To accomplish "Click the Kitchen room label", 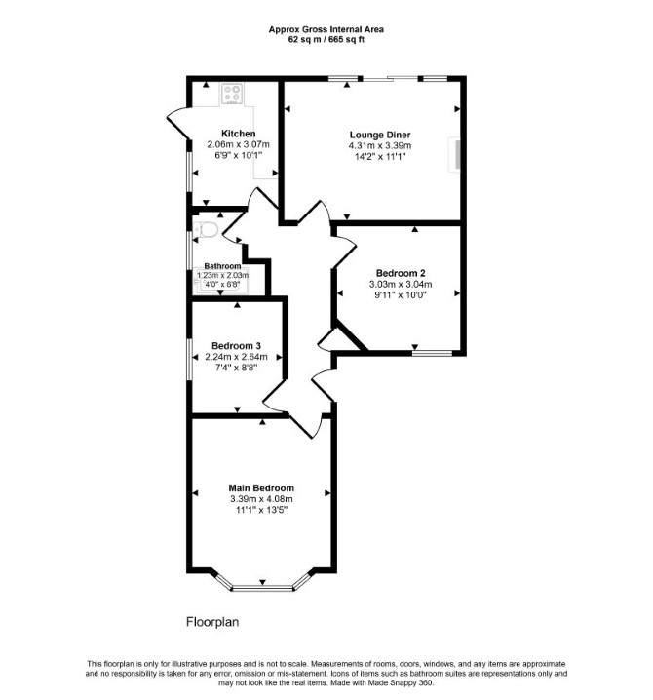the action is [x=239, y=134].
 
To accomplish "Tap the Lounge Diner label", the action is [x=380, y=135].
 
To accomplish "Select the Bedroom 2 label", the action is [x=401, y=273].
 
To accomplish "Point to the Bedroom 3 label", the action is [x=236, y=346].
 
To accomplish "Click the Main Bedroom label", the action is [x=261, y=488].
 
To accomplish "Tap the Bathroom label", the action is [x=222, y=266].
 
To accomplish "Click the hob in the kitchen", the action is [x=232, y=94].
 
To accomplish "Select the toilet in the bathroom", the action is [x=206, y=230].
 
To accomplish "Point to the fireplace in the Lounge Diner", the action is [x=455, y=154].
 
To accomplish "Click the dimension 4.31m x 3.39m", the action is [x=380, y=146].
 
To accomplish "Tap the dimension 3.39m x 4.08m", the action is [x=261, y=499].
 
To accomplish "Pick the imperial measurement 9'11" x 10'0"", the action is [x=401, y=295].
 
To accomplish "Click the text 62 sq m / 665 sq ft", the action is [x=326, y=39].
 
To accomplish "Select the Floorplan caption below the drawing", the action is [x=212, y=622].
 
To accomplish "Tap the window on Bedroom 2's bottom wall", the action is [x=432, y=353].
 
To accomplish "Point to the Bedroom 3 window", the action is [x=189, y=360].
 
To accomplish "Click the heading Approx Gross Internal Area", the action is [x=326, y=29].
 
